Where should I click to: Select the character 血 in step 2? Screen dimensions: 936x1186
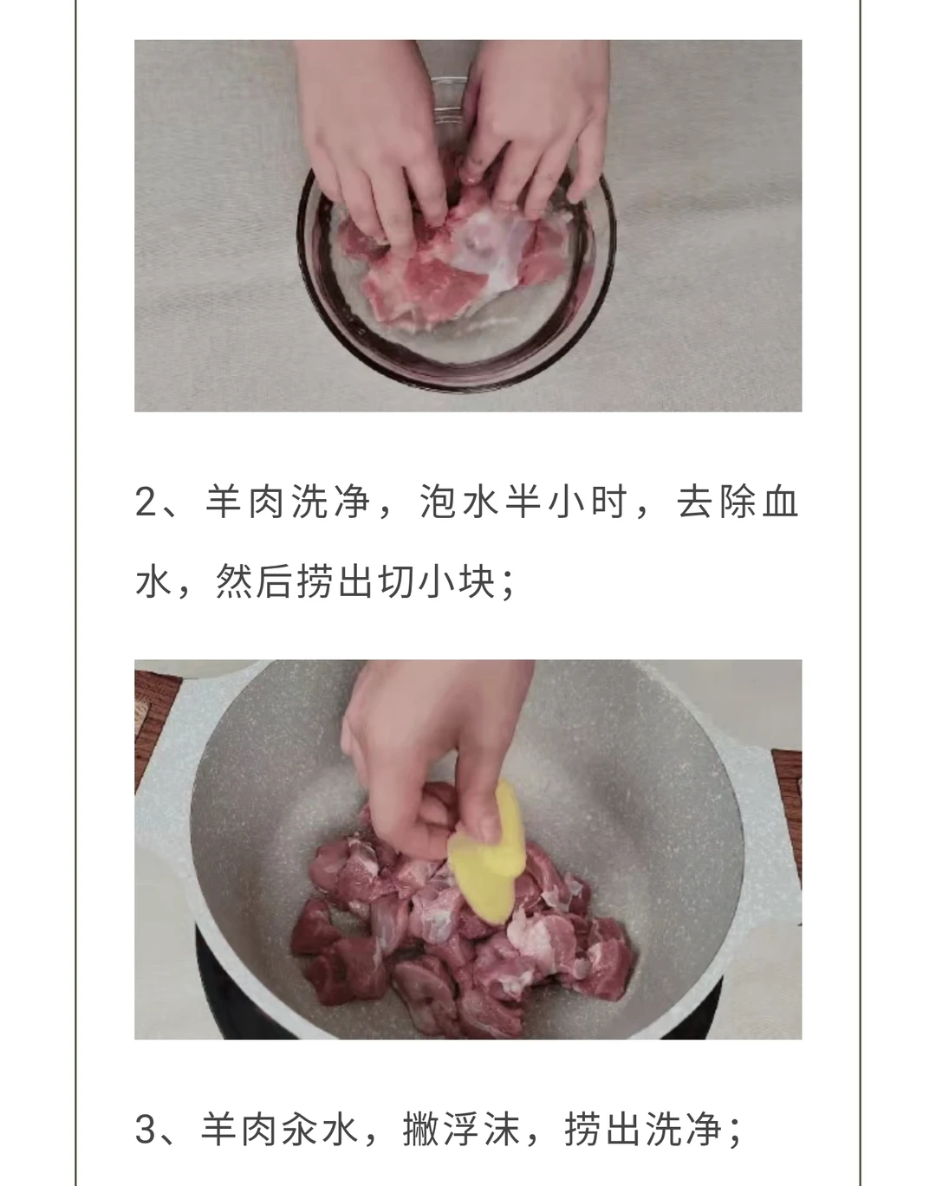(780, 502)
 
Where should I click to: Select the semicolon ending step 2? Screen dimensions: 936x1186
(509, 584)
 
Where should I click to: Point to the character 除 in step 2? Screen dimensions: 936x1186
(738, 502)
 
